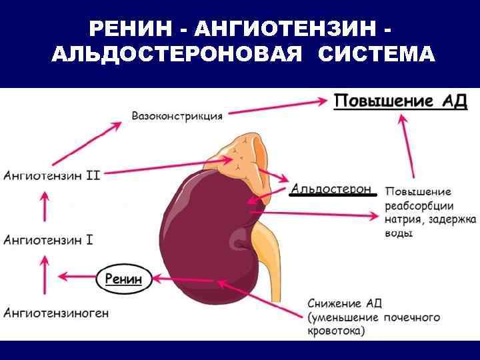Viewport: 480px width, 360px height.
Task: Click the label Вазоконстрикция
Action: [177, 115]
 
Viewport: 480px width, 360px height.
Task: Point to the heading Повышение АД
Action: [400, 101]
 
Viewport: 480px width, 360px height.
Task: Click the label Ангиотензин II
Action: [52, 175]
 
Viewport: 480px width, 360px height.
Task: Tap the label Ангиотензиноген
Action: [56, 312]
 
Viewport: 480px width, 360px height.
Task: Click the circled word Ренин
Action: [124, 279]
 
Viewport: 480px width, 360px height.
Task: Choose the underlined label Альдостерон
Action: [331, 189]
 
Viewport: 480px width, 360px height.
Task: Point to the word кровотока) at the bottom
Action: [337, 330]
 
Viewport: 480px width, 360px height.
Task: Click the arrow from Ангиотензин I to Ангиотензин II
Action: [45, 207]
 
